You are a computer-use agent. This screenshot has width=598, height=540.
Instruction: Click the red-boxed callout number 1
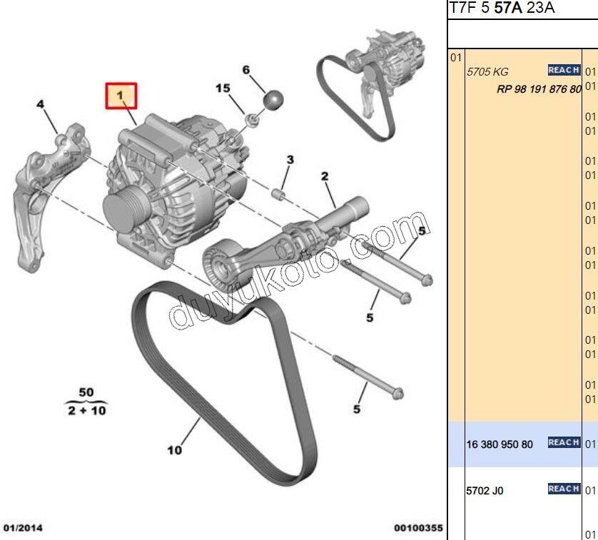click(x=121, y=96)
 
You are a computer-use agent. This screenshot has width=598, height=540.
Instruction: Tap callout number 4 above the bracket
click(x=41, y=105)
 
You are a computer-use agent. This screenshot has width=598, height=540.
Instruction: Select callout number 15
click(x=223, y=88)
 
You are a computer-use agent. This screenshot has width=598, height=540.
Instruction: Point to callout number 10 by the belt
click(x=175, y=450)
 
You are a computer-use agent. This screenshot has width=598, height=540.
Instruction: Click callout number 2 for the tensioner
click(x=324, y=175)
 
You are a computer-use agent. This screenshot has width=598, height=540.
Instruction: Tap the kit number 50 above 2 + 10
click(x=86, y=392)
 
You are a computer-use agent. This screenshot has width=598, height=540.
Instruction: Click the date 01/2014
click(x=24, y=529)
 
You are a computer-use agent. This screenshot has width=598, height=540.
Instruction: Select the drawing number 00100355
click(x=418, y=529)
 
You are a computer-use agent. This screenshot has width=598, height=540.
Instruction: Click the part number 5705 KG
click(x=487, y=72)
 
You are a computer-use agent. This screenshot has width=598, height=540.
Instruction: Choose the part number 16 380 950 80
click(x=499, y=444)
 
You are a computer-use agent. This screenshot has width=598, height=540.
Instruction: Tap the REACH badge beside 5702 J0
click(x=563, y=489)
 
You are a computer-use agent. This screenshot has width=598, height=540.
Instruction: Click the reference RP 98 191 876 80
click(x=539, y=90)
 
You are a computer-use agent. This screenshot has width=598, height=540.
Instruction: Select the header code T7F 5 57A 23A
click(x=502, y=9)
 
